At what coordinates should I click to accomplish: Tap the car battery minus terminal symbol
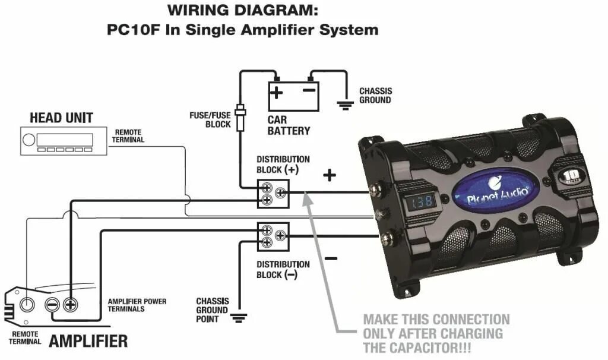click(x=309, y=91)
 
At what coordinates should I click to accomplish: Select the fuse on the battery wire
click(x=240, y=118)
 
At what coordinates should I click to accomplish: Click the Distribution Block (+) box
click(x=273, y=194)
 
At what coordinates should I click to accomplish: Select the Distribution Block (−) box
click(x=273, y=236)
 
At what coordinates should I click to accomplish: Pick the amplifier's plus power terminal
click(x=70, y=305)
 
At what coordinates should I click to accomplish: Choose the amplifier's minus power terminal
click(x=52, y=305)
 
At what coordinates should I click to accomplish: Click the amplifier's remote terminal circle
click(x=27, y=305)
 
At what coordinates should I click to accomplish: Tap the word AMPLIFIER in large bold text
click(x=88, y=341)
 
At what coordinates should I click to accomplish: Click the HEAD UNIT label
click(x=61, y=118)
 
